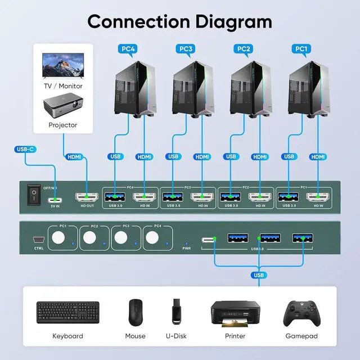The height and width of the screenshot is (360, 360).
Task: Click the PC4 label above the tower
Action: pyautogui.click(x=128, y=49)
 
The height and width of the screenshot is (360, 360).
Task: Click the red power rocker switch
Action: pyautogui.click(x=34, y=196)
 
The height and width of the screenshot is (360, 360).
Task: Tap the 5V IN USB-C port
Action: pyautogui.click(x=55, y=199)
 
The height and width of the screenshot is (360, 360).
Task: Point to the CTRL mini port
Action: pyautogui.click(x=39, y=240)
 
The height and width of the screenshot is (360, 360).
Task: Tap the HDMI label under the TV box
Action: pyautogui.click(x=74, y=156)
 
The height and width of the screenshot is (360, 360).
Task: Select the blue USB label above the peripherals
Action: pyautogui.click(x=259, y=275)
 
